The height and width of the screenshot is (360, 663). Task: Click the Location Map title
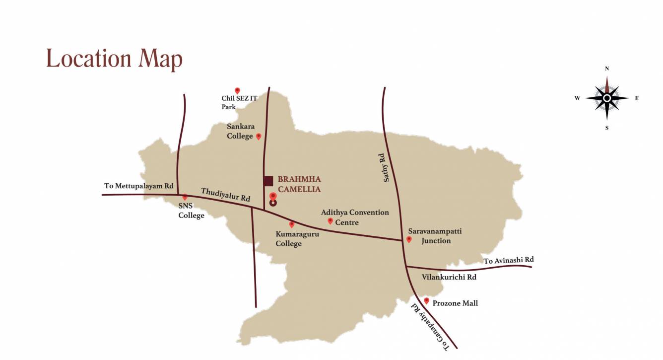(114, 59)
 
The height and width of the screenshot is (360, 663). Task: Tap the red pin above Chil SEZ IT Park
(237, 90)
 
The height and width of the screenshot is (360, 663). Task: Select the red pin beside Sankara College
(259, 136)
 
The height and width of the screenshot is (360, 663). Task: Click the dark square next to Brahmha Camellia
(268, 181)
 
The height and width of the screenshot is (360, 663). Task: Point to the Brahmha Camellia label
(299, 184)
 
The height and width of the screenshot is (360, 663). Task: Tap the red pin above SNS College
(185, 197)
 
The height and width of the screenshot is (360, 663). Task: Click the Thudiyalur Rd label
(226, 195)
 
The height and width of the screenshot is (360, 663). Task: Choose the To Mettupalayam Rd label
(138, 186)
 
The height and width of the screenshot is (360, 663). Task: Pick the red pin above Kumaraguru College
(292, 224)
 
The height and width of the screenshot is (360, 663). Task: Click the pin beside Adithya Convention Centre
(330, 220)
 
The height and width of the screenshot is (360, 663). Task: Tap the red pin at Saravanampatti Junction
(409, 239)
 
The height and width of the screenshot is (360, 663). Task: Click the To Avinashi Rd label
(509, 260)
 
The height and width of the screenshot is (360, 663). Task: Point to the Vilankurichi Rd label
(449, 277)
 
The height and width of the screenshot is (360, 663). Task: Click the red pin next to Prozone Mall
(426, 300)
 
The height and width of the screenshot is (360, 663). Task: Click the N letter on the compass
(606, 69)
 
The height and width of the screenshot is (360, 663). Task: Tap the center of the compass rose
(606, 98)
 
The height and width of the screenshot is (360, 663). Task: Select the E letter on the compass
(637, 98)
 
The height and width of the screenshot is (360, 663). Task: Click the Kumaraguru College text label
(297, 239)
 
